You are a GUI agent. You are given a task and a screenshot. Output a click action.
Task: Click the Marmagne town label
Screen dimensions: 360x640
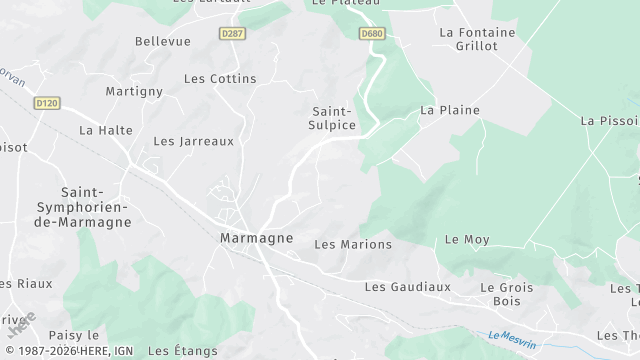pyautogui.click(x=256, y=238)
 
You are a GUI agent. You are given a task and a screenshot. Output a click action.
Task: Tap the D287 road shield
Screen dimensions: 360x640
pyautogui.click(x=233, y=33)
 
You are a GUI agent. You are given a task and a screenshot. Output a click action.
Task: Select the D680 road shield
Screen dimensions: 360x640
pyautogui.click(x=372, y=33)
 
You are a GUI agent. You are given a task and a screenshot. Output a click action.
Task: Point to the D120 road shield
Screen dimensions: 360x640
pyautogui.click(x=46, y=102)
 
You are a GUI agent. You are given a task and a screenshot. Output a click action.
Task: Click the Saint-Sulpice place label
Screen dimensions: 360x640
pyautogui.click(x=333, y=118)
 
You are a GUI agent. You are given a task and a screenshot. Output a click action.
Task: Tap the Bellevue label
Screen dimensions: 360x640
pyautogui.click(x=162, y=41)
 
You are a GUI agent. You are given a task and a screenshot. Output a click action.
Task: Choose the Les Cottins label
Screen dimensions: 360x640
pyautogui.click(x=220, y=78)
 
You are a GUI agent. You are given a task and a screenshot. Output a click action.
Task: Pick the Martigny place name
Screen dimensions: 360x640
pyautogui.click(x=134, y=91)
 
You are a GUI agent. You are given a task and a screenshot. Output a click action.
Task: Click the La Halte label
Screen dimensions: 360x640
pyautogui.click(x=106, y=130)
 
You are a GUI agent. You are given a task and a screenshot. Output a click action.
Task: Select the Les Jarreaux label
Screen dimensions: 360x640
pyautogui.click(x=193, y=141)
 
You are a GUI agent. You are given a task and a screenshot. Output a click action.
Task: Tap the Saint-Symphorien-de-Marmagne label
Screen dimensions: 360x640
pyautogui.click(x=96, y=206)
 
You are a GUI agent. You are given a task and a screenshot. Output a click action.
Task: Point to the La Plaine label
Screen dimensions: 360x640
pyautogui.click(x=450, y=110)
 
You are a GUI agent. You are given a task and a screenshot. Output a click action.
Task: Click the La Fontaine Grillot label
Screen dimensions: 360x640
pyautogui.click(x=477, y=39)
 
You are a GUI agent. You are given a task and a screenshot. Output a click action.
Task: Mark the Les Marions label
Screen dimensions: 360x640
pyautogui.click(x=353, y=244)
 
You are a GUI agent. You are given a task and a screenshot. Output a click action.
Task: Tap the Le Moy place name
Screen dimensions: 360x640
pyautogui.click(x=467, y=240)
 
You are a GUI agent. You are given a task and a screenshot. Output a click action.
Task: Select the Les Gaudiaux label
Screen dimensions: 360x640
pyautogui.click(x=407, y=286)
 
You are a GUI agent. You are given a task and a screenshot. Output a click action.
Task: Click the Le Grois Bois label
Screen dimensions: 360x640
pyautogui.click(x=507, y=294)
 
